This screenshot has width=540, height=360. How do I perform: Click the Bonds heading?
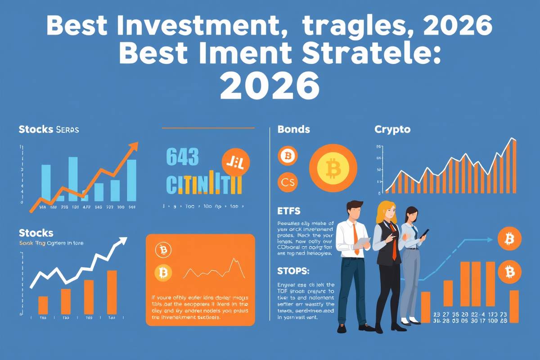[x=293, y=130]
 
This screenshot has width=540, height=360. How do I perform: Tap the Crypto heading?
[x=392, y=130]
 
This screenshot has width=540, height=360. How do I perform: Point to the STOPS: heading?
[x=290, y=272]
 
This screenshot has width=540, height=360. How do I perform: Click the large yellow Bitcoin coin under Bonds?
[x=333, y=168]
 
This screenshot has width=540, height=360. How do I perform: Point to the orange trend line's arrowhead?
[x=133, y=147]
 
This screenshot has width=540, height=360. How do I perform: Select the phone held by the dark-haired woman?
[x=424, y=233]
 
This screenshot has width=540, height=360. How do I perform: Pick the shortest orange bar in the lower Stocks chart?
[x=43, y=305]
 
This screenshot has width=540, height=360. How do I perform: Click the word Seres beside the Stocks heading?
[x=67, y=130]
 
